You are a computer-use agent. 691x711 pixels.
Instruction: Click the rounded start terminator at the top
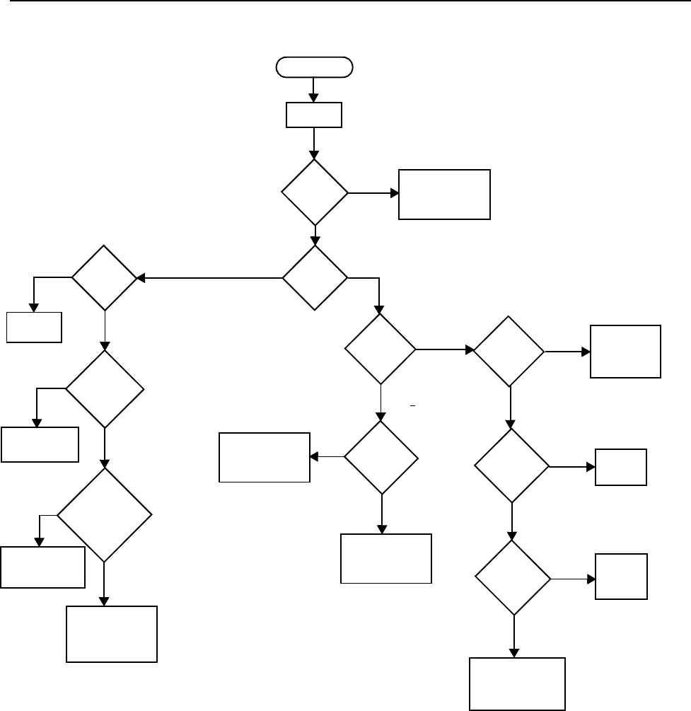pos(314,67)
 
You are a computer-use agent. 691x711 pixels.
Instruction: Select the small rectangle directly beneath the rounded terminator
pos(314,115)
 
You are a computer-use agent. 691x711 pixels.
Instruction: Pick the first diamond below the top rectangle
pos(315,192)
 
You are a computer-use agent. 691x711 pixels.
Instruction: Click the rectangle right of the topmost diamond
pos(444,195)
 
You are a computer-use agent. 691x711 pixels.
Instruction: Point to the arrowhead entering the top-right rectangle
pos(395,192)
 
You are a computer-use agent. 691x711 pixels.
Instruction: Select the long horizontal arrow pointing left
pos(209,279)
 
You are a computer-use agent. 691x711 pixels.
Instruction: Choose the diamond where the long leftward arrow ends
pos(104,278)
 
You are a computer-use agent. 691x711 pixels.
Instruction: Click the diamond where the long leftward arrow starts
pos(315,278)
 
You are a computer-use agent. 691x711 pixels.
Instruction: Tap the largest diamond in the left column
pos(104,515)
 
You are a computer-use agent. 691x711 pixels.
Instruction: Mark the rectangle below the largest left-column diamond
pos(112,634)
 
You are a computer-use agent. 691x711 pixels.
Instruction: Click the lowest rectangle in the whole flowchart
pos(518,683)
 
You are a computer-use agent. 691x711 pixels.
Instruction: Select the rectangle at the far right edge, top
pos(626,352)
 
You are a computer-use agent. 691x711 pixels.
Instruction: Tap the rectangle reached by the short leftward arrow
pos(265,458)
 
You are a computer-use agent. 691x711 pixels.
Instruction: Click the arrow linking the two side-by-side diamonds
pos(444,349)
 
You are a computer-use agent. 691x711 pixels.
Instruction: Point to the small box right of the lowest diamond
pos(621,577)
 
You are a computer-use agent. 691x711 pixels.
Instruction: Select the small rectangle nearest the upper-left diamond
pos(35,326)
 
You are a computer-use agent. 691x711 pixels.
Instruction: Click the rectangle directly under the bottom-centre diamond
pos(386,558)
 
